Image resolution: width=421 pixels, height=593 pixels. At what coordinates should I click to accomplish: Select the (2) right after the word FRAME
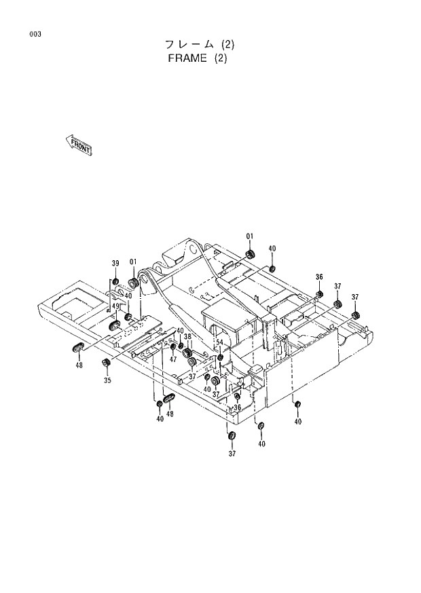point(220,58)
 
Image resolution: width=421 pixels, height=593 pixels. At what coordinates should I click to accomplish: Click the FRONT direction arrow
point(79,144)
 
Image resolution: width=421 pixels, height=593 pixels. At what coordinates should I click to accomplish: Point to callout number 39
point(115,264)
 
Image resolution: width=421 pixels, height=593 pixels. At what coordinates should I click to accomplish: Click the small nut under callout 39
point(115,281)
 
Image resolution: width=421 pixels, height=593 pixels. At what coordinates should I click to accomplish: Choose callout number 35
point(107,381)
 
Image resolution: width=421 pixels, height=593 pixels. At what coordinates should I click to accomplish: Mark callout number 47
point(173,359)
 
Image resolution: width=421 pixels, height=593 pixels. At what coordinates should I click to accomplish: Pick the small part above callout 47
point(173,348)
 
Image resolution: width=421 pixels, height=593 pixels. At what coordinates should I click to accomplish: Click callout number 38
point(187,336)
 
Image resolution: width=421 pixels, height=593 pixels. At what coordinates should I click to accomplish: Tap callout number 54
point(219,342)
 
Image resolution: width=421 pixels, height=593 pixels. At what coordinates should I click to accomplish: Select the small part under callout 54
point(220,357)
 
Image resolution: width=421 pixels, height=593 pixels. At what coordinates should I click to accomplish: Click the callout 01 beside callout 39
point(133,262)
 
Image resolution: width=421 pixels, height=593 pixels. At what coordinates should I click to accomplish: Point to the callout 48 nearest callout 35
point(79,365)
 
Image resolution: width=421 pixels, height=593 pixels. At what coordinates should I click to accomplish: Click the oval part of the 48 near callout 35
point(77,348)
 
